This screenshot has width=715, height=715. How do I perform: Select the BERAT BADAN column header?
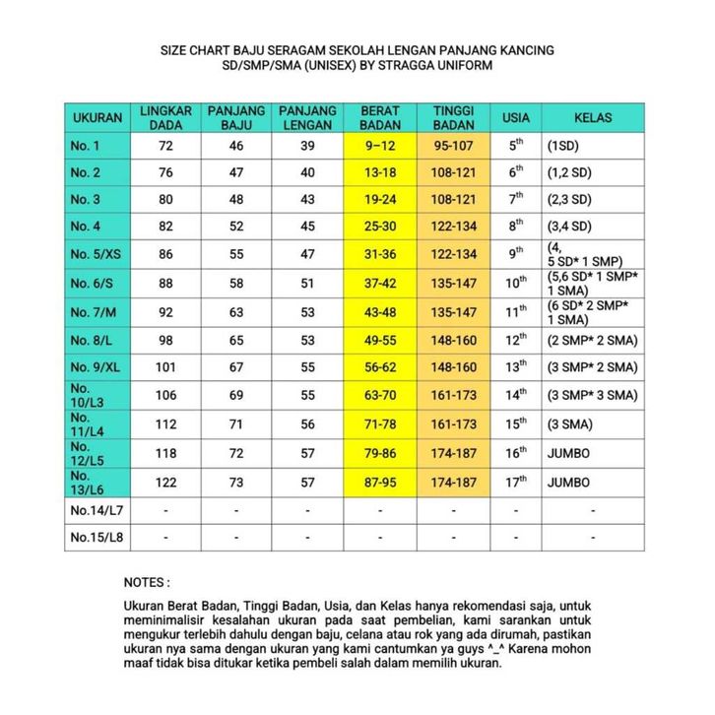tap(380, 118)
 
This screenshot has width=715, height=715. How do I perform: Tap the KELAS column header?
tap(593, 118)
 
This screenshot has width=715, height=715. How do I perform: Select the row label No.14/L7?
tap(96, 511)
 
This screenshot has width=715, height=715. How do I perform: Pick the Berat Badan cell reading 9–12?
tap(380, 146)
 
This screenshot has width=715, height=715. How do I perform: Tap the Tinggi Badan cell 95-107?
tap(454, 146)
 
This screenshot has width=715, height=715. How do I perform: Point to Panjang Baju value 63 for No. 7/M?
tap(236, 312)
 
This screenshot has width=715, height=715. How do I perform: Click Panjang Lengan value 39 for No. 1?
tap(308, 146)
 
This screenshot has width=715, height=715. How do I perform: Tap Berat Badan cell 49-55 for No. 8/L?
tap(380, 340)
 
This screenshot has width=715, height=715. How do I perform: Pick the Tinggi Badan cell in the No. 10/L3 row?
tap(454, 396)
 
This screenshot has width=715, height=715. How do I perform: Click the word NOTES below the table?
tap(147, 582)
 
